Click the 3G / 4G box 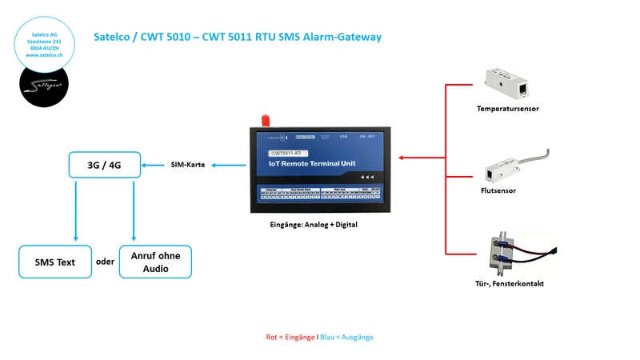[x=104, y=165]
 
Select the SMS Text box [x=54, y=261]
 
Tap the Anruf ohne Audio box [x=155, y=261]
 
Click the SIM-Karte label [x=188, y=165]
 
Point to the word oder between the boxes [x=105, y=261]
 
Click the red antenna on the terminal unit [x=262, y=121]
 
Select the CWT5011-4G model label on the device [x=290, y=152]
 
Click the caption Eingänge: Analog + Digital [x=314, y=225]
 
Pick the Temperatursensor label [x=507, y=109]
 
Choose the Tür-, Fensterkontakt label [x=508, y=284]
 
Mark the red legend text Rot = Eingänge [x=290, y=337]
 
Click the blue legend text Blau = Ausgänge [x=346, y=337]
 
